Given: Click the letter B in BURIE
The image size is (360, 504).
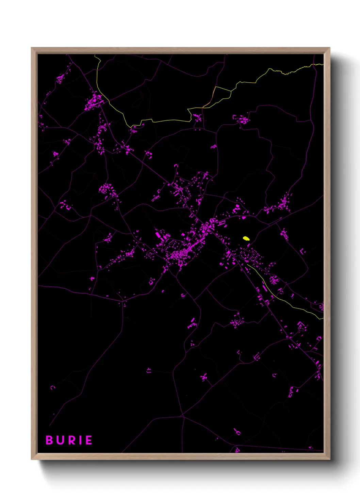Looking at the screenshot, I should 49,440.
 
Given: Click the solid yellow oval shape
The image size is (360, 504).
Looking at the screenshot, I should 246,238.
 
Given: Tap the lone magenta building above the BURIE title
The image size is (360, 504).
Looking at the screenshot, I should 52,388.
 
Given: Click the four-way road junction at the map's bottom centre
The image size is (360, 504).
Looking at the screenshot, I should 183,416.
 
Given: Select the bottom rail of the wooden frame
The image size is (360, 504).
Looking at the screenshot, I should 180,456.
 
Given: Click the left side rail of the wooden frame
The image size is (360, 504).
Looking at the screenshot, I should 34,252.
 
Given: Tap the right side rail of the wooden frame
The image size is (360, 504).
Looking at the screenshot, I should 327,252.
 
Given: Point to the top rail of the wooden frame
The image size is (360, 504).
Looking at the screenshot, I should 180,51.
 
